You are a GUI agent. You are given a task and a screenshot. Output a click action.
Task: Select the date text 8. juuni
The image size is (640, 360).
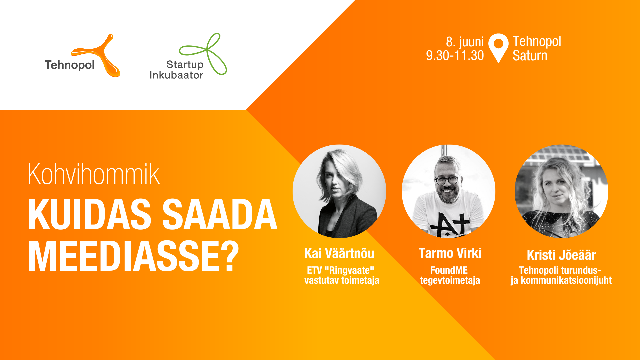465,42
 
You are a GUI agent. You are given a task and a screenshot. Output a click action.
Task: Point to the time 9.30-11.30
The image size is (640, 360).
455,55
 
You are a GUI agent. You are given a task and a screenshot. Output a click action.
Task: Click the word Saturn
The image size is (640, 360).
530,55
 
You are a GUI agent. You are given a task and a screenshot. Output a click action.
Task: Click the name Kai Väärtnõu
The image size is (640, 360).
339,253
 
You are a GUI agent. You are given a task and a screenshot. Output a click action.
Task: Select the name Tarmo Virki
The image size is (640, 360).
450,253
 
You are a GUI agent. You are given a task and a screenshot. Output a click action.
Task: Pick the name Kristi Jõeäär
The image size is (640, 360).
561,255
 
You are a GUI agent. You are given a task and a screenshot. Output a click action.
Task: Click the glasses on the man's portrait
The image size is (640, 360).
447,180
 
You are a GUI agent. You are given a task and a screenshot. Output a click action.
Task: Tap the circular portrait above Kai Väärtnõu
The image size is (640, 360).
339,191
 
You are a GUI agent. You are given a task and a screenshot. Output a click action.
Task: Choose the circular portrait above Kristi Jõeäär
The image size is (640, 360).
561,191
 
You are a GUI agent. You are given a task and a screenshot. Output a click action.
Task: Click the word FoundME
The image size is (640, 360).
449,270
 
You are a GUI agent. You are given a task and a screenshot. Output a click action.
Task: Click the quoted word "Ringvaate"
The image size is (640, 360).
349,270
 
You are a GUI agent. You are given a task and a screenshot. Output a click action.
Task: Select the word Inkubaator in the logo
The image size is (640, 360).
176,75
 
